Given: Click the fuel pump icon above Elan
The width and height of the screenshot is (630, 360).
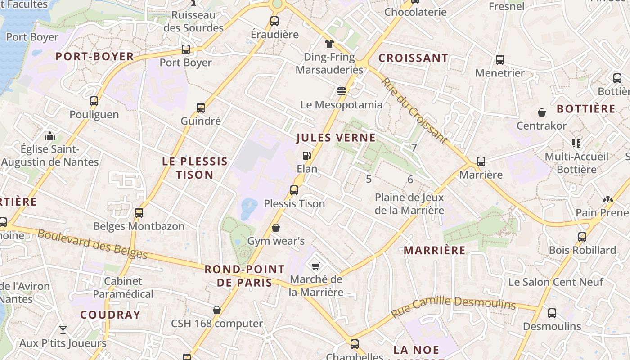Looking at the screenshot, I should point(306,156).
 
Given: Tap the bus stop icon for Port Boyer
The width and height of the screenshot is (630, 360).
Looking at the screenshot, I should point(186,49).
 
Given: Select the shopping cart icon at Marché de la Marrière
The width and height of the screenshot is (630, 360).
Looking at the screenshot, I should point(315,266).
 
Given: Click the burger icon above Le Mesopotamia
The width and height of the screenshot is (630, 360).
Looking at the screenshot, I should point(341,92).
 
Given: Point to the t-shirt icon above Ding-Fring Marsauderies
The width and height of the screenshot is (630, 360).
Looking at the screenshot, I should point(329,44).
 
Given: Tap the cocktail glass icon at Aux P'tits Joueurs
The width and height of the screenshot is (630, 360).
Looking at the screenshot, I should point(63,330).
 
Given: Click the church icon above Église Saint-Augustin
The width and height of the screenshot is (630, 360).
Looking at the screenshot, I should point(50,135).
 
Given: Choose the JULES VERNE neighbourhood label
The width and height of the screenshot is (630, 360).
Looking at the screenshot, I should point(336,138).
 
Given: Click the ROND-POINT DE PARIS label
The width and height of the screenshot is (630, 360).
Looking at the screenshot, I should point(245,276).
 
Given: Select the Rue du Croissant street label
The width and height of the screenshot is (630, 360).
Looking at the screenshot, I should point(414,111).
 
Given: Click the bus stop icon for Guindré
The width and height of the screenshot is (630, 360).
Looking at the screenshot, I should point(201,108).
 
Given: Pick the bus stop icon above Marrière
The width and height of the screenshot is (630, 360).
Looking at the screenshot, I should point(481,162).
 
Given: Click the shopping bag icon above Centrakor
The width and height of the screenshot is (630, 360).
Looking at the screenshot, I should point(542,112).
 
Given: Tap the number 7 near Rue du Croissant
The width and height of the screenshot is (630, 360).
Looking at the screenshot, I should point(414,147).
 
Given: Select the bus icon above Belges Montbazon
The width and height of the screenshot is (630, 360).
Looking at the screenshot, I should point(139,213).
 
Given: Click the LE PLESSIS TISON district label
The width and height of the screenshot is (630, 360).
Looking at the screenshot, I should point(195,168).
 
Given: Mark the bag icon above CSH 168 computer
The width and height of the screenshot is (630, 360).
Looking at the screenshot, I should point(217,310).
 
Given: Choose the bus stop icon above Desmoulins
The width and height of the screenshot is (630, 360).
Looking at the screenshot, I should point(552,313).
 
